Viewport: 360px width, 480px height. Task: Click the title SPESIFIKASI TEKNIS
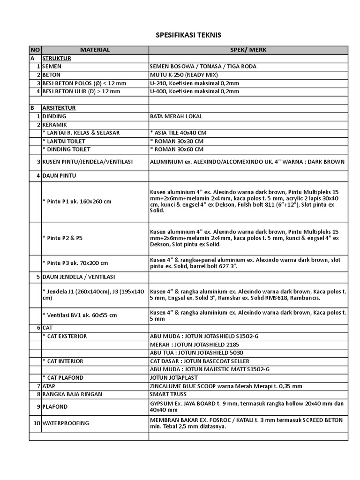pos(188,35)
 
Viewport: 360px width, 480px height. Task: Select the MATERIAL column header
pos(95,50)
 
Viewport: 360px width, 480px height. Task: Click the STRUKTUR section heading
pos(56,58)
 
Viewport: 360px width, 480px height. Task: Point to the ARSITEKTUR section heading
pos(59,108)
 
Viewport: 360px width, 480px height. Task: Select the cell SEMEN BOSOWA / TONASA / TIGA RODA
pos(203,67)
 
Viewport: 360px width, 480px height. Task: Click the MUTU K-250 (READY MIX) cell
pos(184,75)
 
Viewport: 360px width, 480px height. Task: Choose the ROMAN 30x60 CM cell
pos(177,150)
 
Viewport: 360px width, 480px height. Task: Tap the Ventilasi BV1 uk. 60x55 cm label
pos(80,315)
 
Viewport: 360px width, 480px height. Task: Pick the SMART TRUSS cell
pos(167,394)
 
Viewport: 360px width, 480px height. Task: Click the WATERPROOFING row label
pos(66,423)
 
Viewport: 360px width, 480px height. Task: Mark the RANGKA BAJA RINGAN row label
pos(72,394)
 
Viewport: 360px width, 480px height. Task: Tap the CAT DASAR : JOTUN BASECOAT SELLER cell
pos(200,361)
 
